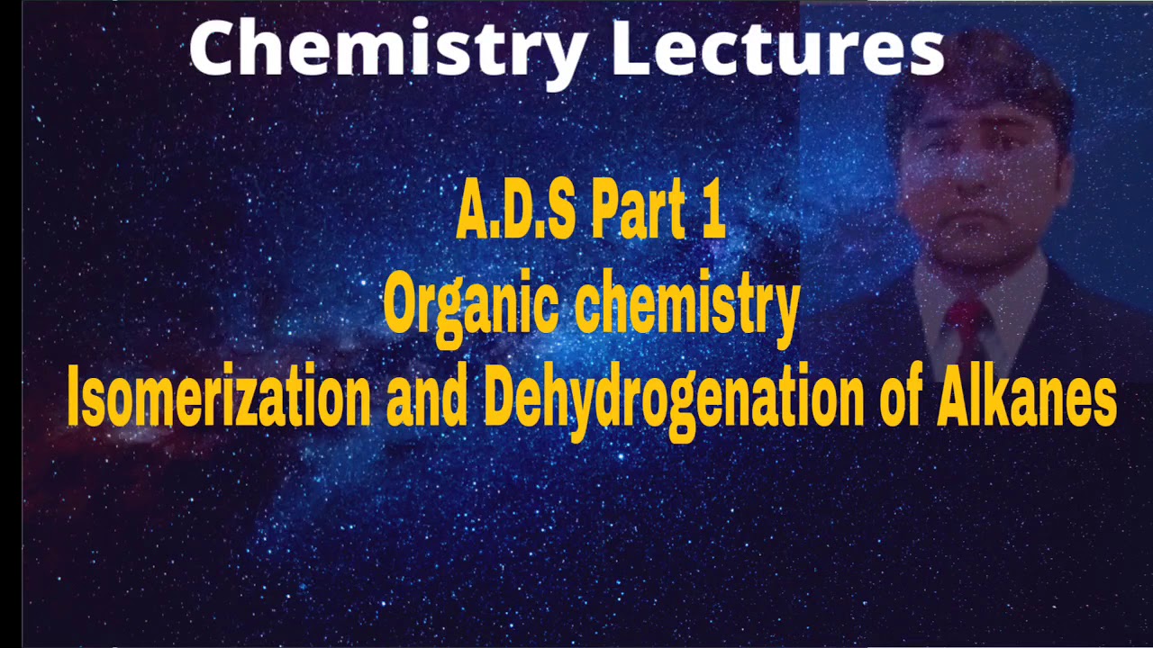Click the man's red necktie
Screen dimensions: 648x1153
966,328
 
